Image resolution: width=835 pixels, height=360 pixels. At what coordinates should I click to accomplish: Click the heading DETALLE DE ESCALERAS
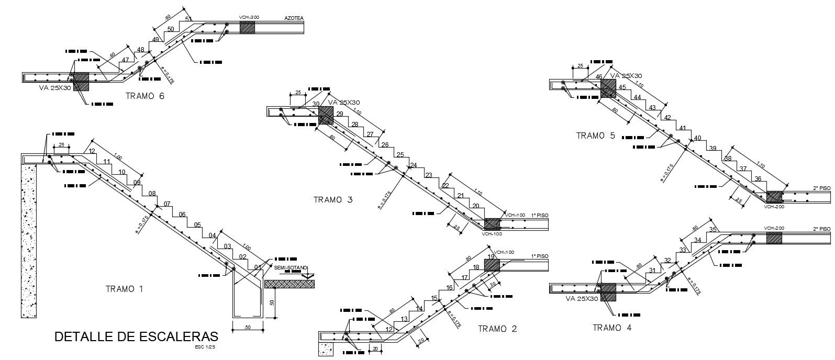point(136,336)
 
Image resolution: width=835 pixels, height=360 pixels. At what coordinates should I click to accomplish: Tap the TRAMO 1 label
point(124,289)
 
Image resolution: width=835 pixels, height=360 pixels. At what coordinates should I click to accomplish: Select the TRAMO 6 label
point(145,96)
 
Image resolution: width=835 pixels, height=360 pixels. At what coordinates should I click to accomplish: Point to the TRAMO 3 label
point(333,199)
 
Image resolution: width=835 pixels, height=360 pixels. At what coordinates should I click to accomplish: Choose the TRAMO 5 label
point(596,136)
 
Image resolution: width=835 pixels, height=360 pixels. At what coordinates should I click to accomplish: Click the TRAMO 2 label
point(497,329)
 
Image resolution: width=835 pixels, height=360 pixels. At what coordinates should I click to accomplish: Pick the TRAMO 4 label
point(612,328)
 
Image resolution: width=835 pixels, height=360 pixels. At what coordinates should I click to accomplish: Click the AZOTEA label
point(294,18)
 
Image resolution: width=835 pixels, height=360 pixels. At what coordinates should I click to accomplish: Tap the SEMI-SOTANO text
point(290,268)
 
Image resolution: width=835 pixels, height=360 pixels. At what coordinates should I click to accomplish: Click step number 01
point(257,267)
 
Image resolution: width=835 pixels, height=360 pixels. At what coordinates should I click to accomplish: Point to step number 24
point(413,165)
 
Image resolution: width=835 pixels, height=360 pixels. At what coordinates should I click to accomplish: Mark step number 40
point(697,138)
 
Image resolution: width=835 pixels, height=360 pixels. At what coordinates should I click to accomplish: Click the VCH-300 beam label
point(249,17)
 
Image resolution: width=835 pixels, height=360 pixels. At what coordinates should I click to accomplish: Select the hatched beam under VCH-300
point(247,27)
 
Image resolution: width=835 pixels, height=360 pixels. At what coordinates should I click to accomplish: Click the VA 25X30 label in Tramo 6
point(55,88)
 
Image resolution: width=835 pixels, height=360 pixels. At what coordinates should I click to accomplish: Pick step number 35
point(712,230)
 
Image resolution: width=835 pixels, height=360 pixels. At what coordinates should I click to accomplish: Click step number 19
point(491,257)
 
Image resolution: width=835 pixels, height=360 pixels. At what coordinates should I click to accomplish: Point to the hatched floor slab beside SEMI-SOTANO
point(290,284)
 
